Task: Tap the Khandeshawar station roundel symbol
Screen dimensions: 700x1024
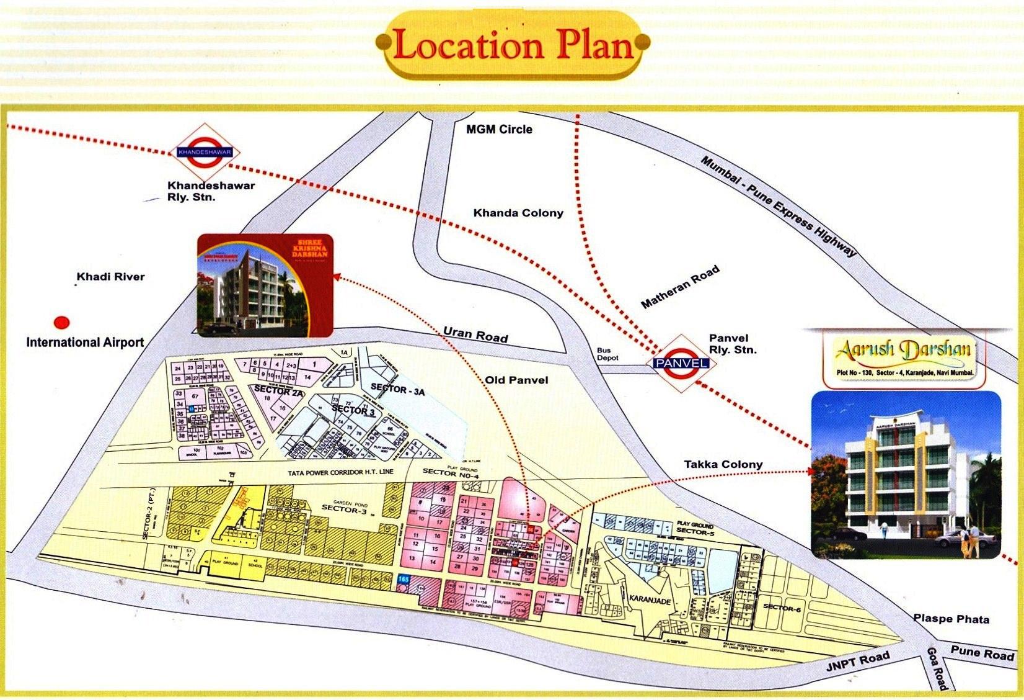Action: [205, 152]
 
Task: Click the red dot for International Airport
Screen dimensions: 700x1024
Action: [61, 323]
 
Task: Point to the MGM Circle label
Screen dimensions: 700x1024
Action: [499, 129]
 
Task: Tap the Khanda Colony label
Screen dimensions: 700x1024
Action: [518, 213]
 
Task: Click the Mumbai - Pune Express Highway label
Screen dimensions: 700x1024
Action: [779, 206]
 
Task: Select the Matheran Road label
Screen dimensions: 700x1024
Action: [680, 287]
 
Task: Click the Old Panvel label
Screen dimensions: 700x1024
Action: [516, 380]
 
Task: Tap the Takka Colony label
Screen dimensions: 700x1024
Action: [723, 464]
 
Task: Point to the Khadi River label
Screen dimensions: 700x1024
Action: [110, 277]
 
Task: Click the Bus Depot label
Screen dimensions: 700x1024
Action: [607, 354]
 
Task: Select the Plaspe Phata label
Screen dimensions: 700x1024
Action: [951, 619]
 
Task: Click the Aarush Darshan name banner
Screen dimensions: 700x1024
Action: [903, 349]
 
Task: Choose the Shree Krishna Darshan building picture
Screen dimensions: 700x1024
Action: [265, 285]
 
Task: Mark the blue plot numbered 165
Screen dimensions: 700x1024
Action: [404, 579]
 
